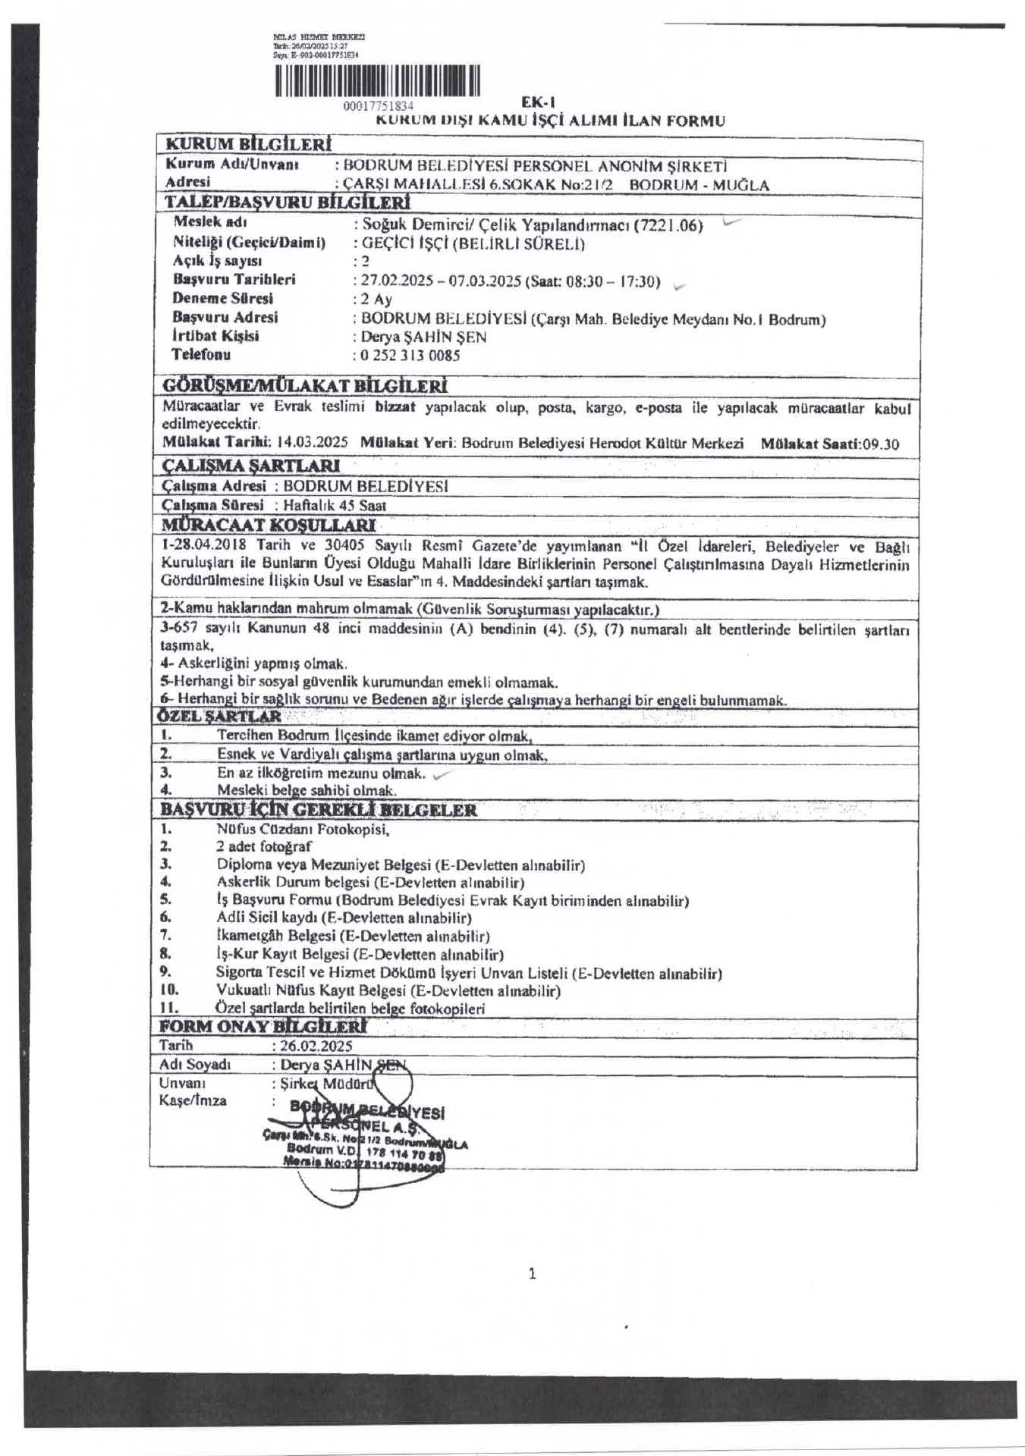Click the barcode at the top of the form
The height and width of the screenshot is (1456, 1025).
378,82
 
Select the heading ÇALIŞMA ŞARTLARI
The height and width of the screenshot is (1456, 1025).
250,466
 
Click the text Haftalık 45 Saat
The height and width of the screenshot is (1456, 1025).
335,505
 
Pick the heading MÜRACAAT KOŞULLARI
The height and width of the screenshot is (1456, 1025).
268,525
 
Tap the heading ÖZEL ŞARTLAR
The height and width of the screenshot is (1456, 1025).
219,716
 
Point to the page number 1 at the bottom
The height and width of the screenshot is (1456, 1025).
532,1274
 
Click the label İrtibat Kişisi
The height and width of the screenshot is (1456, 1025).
215,336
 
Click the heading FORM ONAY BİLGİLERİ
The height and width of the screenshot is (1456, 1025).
263,1027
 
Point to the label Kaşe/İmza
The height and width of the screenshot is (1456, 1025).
193,1100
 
